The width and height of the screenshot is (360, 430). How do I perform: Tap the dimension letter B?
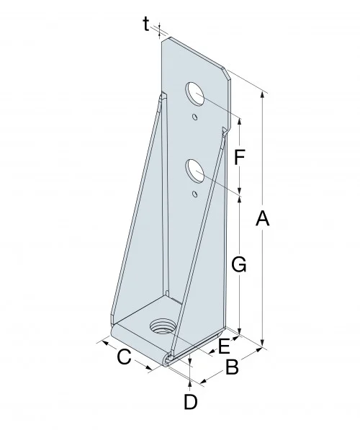232,368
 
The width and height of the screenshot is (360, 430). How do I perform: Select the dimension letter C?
123,356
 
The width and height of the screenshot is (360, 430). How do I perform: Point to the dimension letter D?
190,402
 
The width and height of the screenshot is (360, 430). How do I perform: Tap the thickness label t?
146,24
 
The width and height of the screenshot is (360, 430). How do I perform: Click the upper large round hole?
195,94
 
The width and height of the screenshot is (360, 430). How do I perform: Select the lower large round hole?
195,171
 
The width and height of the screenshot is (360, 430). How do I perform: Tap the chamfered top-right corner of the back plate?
228,72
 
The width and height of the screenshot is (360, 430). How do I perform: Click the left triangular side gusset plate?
140,216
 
